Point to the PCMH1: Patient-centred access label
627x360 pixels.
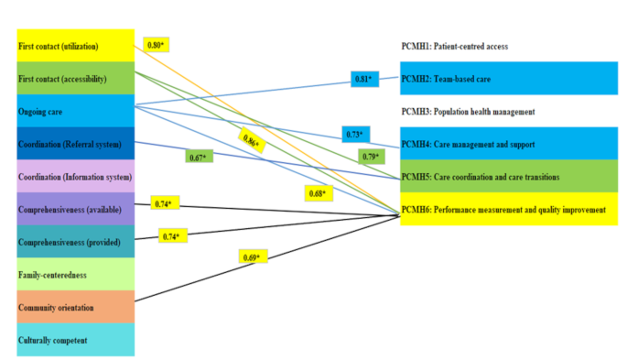pyautogui.click(x=454, y=46)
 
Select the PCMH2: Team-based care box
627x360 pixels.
pyautogui.click(x=509, y=79)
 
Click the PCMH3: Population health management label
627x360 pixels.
pyautogui.click(x=467, y=111)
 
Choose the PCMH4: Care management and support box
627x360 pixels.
pyautogui.click(x=509, y=144)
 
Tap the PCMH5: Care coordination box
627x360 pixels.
pyautogui.click(x=509, y=176)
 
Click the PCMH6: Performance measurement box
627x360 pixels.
pyautogui.click(x=509, y=209)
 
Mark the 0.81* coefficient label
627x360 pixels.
pyautogui.click(x=363, y=79)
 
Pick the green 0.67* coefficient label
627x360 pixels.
pyautogui.click(x=197, y=157)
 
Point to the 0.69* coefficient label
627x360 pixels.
pyautogui.click(x=252, y=257)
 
